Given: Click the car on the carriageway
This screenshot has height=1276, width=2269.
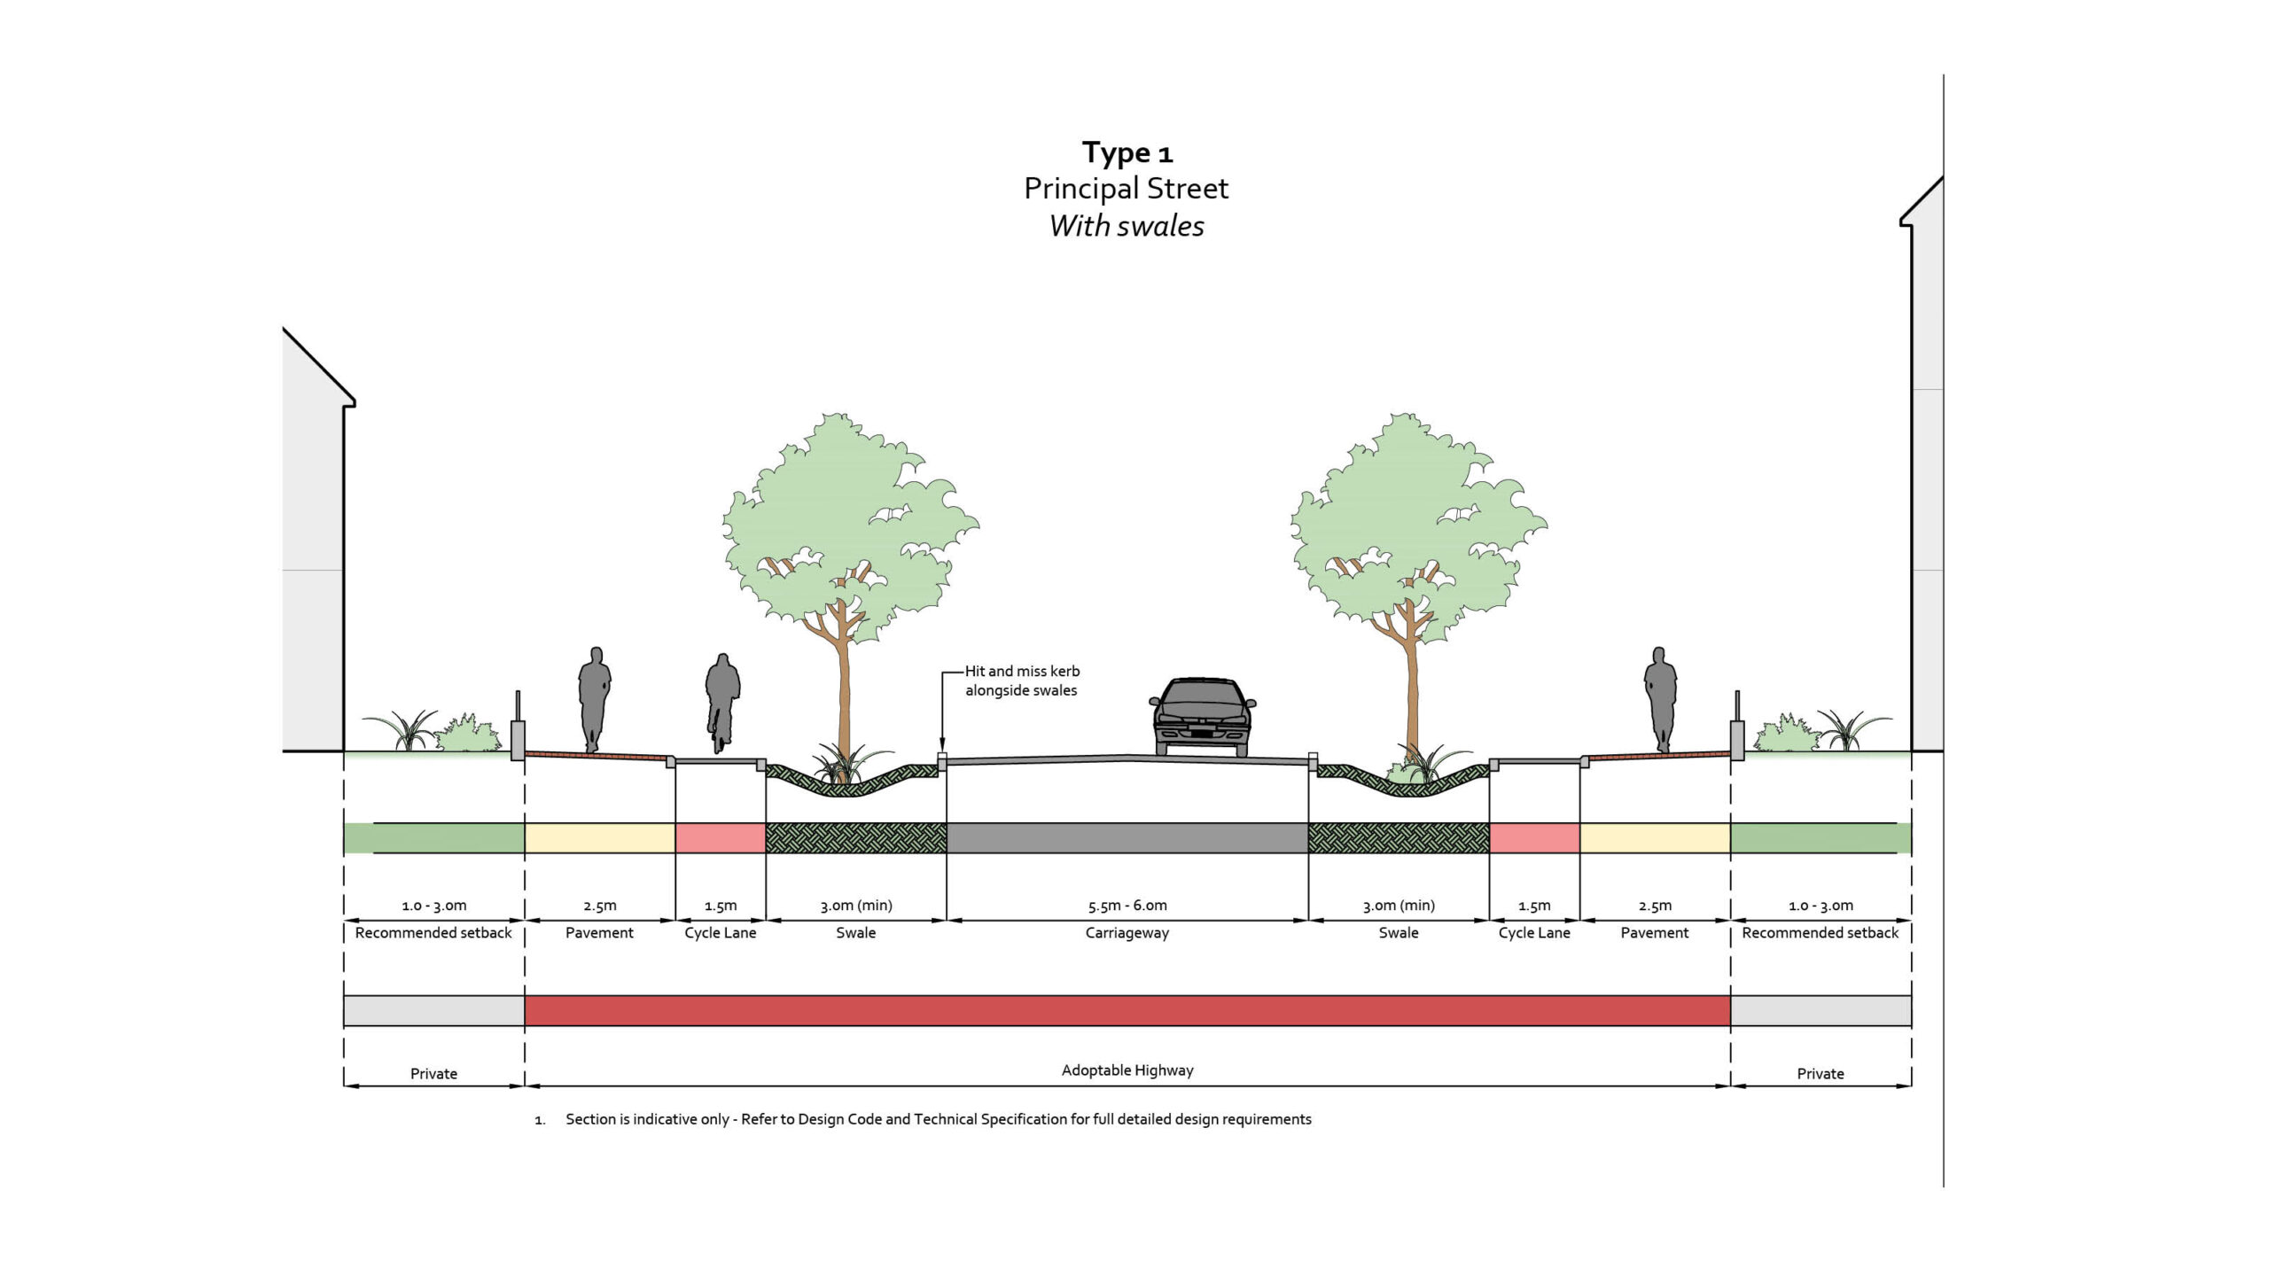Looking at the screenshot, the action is pos(1203,717).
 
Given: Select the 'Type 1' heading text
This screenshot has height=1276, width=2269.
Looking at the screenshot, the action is pos(1127,152).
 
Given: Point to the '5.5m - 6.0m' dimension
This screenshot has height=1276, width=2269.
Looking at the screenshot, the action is pos(1127,906).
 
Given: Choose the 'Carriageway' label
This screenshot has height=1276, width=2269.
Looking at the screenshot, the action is pos(1127,933).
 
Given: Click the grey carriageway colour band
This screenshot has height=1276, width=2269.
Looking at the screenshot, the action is pos(1127,838).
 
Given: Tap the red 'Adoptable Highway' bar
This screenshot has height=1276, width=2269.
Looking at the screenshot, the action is pos(1127,1011).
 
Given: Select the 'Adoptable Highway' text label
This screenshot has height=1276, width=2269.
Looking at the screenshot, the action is pos(1127,1070).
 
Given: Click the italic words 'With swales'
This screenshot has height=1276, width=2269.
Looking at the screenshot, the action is pos(1127,226).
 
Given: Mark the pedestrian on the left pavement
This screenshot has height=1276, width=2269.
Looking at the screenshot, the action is pos(595,699).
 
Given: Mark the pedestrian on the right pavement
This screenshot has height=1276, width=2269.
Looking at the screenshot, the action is pos(1660,699).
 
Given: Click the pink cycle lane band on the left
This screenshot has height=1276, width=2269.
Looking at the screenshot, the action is pos(721,838).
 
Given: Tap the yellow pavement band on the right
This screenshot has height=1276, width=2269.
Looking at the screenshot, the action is pos(1655,838).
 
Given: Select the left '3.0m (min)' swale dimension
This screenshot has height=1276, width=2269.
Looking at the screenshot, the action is pos(856,906).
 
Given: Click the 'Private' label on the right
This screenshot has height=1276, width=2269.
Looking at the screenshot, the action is pos(1821,1074).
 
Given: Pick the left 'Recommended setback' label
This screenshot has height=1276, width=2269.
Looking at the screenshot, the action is pos(433,933).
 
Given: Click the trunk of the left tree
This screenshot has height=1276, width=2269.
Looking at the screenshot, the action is pos(844,700).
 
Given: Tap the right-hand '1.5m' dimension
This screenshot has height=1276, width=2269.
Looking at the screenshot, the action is pos(1534,906).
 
